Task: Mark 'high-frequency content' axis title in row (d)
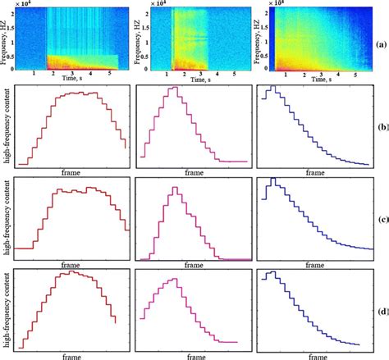7,308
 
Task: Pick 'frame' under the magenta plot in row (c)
195,264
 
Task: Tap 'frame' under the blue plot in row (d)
314,355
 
